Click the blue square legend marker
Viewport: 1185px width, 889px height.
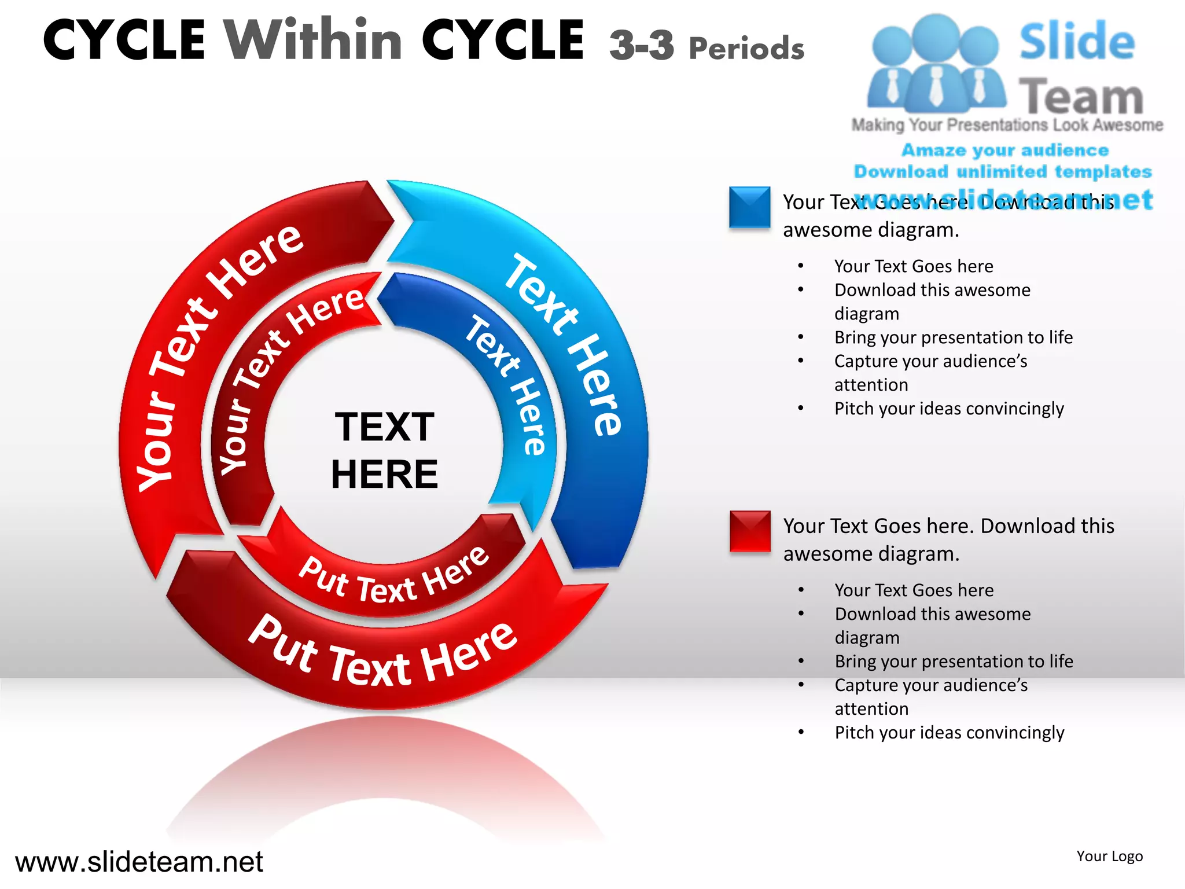(x=749, y=207)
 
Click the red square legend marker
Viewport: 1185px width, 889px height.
(x=749, y=531)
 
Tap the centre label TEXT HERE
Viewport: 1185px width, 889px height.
(x=384, y=450)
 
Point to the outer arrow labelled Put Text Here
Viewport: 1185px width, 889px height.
(x=382, y=654)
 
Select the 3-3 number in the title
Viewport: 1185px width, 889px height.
(x=641, y=45)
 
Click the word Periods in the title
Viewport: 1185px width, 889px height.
(x=746, y=47)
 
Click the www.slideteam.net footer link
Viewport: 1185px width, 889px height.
(x=139, y=862)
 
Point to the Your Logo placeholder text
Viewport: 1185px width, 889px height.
(x=1109, y=856)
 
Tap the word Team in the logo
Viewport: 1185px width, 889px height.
(x=1080, y=96)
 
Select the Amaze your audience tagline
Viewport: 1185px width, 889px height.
(x=1004, y=150)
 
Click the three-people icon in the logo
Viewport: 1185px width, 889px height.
(x=936, y=64)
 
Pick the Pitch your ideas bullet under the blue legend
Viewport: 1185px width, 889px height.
(x=948, y=409)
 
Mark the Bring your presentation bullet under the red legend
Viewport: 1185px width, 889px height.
(x=954, y=661)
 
